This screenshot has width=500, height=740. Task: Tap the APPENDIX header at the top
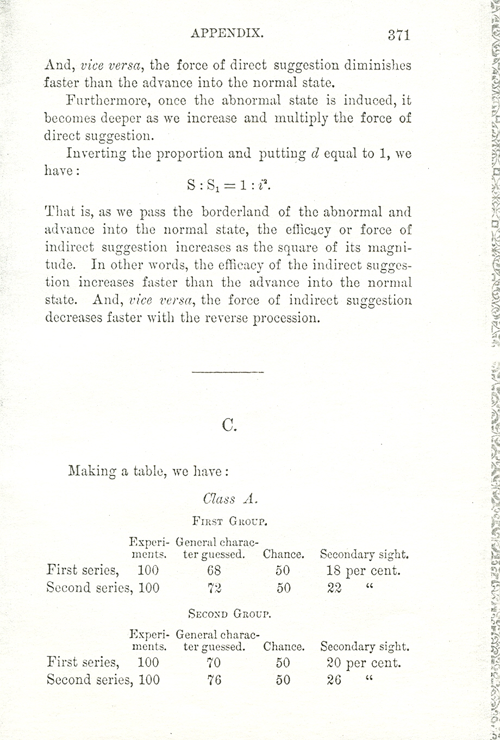coord(227,33)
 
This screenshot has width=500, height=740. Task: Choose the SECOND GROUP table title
coord(229,614)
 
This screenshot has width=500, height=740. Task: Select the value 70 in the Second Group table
coord(214,663)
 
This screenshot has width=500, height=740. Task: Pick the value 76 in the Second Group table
coord(214,680)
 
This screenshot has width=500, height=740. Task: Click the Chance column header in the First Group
coord(283,555)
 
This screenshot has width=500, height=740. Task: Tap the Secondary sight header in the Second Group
coord(364,647)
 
